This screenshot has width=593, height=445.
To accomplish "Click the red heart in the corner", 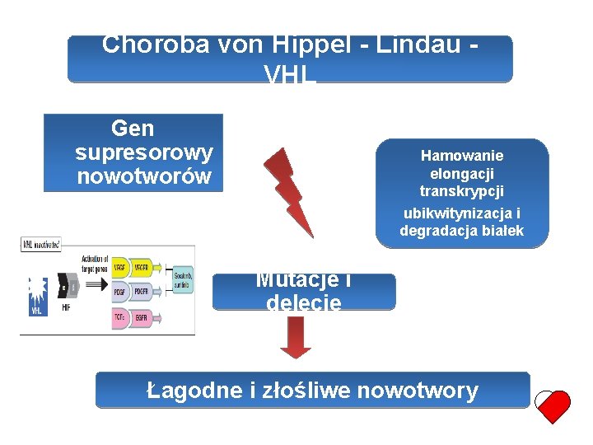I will (553, 404).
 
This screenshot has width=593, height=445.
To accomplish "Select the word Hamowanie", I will (462, 155).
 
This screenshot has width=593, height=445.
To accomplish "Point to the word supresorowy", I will (143, 152).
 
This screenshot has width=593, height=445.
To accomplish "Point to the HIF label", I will (66, 307).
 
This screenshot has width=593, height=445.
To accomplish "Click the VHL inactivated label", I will (40, 245).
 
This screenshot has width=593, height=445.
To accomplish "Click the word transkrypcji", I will (462, 192).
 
